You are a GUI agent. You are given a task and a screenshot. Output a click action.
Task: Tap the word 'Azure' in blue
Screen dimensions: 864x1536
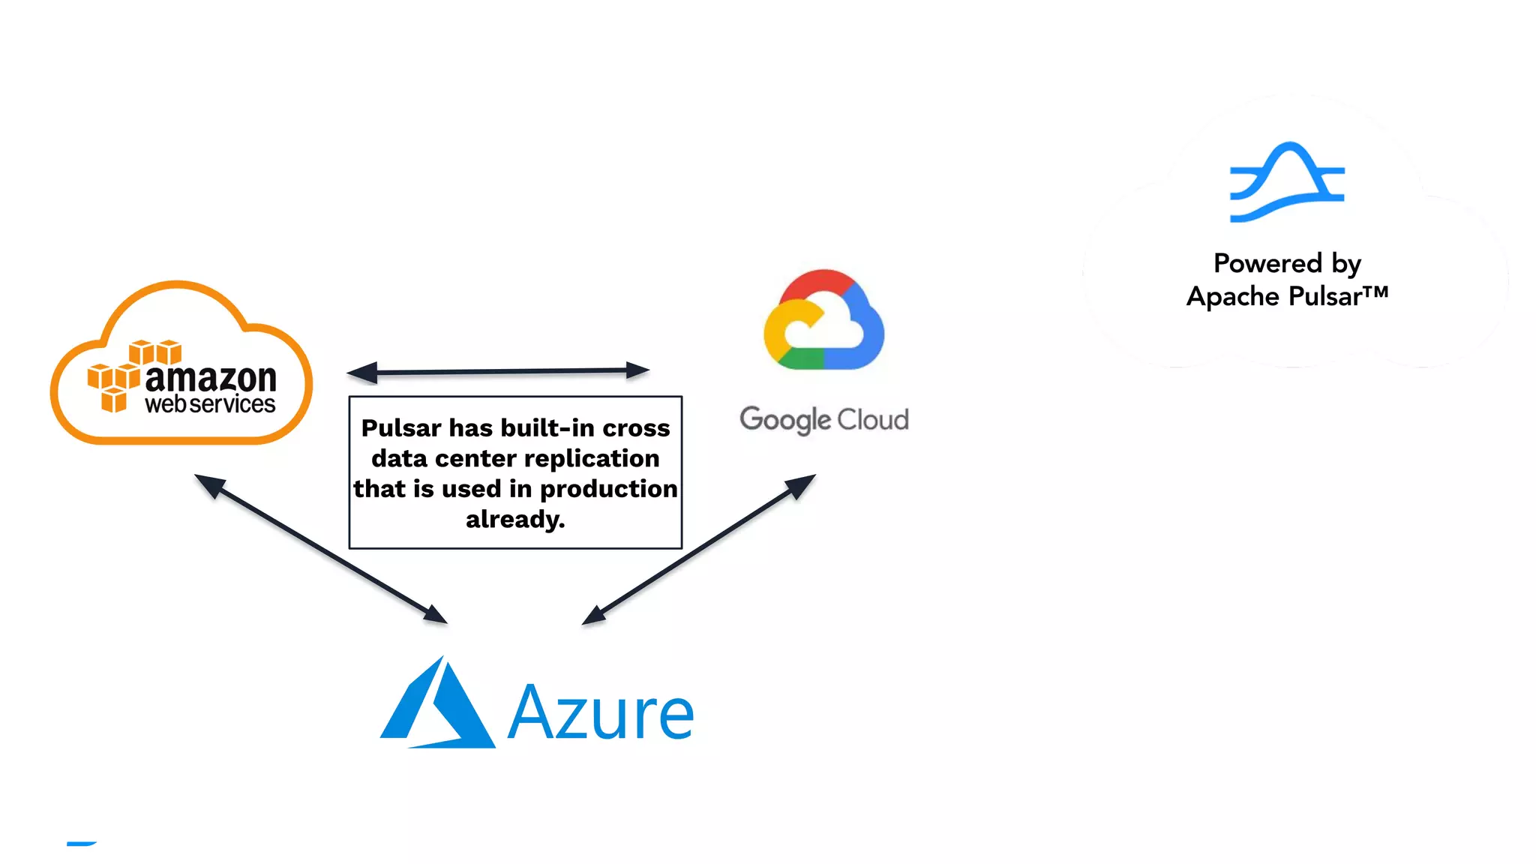click(x=601, y=712)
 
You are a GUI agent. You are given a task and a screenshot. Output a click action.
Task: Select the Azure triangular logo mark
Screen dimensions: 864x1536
click(x=438, y=704)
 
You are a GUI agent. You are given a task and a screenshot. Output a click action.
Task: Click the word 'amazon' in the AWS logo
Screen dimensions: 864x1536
click(x=211, y=379)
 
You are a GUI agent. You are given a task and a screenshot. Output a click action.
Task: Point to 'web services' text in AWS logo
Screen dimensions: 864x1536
click(x=210, y=404)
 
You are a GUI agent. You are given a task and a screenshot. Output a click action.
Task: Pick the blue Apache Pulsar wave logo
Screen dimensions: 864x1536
click(x=1287, y=182)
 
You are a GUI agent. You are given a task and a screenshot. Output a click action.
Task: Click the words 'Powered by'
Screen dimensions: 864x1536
click(x=1287, y=263)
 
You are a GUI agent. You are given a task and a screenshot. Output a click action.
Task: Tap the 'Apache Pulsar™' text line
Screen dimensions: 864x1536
click(x=1287, y=296)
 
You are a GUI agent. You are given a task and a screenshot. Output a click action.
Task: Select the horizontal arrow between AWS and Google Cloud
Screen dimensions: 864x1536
click(x=498, y=370)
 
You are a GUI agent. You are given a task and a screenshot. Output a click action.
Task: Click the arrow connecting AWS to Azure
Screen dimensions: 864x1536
click(x=321, y=548)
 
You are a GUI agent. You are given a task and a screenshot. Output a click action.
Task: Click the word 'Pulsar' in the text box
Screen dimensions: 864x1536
click(x=401, y=428)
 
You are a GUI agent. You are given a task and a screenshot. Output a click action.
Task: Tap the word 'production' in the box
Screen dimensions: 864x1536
click(x=608, y=489)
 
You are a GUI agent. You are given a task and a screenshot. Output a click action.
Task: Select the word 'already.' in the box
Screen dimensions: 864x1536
click(x=515, y=519)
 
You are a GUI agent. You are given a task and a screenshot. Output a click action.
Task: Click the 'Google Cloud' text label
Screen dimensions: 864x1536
click(x=823, y=419)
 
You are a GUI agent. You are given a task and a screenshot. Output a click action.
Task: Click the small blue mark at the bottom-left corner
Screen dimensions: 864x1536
click(x=82, y=844)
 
